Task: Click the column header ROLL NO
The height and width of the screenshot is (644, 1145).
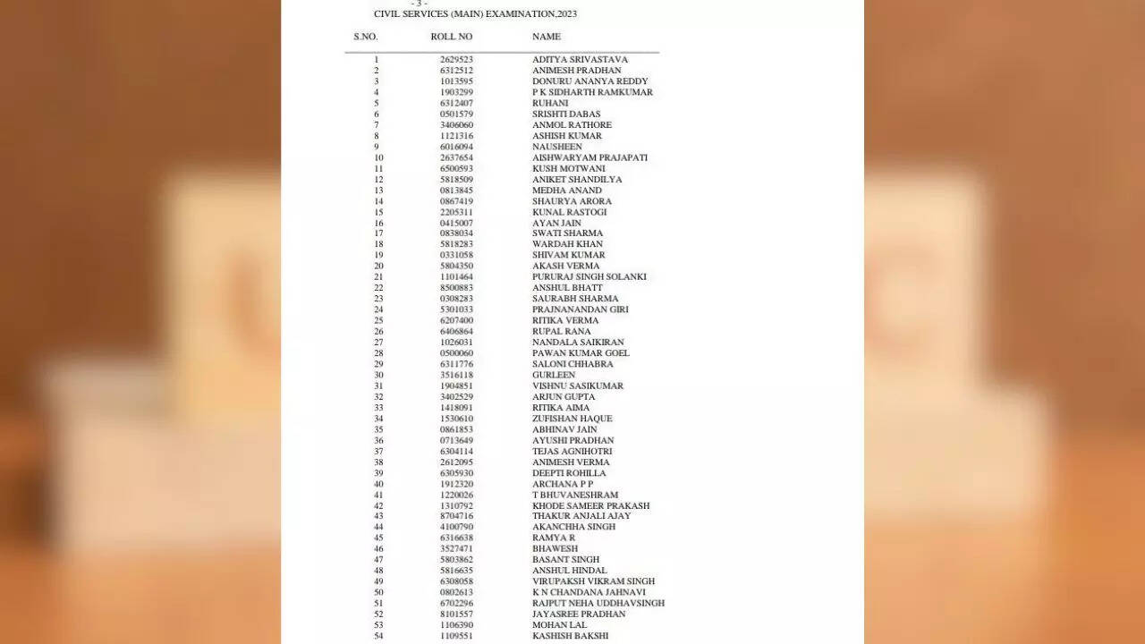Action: click(x=451, y=37)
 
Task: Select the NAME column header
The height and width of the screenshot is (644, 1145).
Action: click(x=547, y=37)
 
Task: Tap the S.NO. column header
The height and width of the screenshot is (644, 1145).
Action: click(x=365, y=37)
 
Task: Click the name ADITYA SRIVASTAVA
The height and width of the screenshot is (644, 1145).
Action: click(x=580, y=60)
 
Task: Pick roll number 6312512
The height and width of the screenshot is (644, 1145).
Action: click(x=456, y=71)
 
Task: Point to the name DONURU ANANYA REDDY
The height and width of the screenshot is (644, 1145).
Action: click(x=589, y=81)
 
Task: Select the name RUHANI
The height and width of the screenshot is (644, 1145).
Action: click(x=550, y=104)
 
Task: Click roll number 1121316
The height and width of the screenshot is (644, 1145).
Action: click(x=456, y=136)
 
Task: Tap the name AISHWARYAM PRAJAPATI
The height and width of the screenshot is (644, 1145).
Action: click(x=589, y=157)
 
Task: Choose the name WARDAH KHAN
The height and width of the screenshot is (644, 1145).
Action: click(x=567, y=244)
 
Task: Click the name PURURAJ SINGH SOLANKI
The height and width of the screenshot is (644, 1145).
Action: click(x=589, y=277)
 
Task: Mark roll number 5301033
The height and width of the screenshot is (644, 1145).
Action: click(x=456, y=309)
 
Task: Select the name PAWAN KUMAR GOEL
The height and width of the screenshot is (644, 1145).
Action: click(x=581, y=353)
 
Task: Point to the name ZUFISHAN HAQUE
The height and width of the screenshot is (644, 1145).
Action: click(x=572, y=419)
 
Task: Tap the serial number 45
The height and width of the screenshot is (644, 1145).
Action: click(x=378, y=538)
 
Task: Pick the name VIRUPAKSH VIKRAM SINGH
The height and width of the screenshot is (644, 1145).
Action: click(x=593, y=581)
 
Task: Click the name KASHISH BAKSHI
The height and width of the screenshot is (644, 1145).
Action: click(x=570, y=636)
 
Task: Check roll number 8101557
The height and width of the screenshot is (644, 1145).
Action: click(x=456, y=614)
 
